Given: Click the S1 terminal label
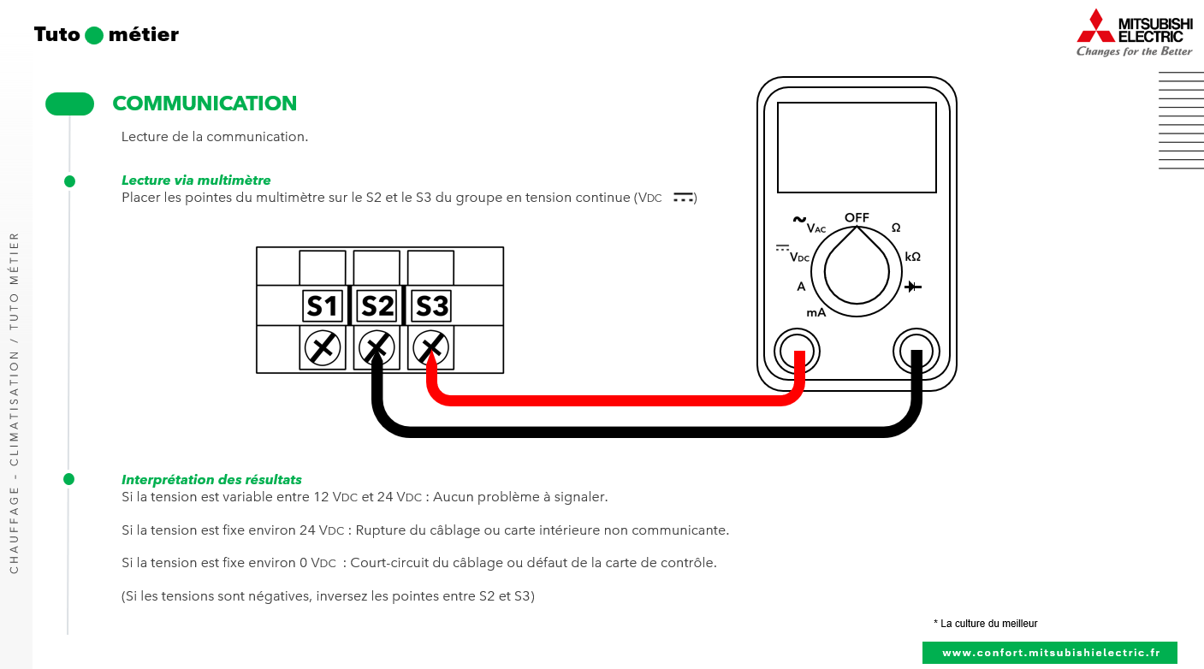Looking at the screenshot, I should (x=323, y=305).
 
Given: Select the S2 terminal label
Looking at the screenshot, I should (x=377, y=305).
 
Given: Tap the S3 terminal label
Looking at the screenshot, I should (x=431, y=305).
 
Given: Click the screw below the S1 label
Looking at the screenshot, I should (x=323, y=347).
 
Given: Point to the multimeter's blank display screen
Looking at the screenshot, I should (x=857, y=147).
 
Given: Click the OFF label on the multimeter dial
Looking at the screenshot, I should (x=857, y=217).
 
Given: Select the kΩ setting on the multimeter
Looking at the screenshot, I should (x=912, y=257).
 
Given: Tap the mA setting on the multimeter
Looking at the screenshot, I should (x=816, y=313).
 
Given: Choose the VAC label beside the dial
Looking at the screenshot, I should (x=816, y=228).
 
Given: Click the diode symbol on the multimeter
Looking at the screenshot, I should (x=913, y=287).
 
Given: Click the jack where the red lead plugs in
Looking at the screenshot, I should (x=797, y=351).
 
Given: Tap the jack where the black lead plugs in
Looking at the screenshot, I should (x=916, y=351).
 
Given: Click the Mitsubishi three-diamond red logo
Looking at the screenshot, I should (x=1095, y=26).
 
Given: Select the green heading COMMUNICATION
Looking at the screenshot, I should (x=205, y=104).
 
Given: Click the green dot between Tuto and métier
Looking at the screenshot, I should (x=94, y=35).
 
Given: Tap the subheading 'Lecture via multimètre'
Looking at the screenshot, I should (x=196, y=181).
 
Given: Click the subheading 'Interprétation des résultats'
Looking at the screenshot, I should (x=211, y=480).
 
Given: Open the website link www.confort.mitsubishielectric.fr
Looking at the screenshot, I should (x=1050, y=653).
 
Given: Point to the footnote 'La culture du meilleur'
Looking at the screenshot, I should (x=988, y=624).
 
